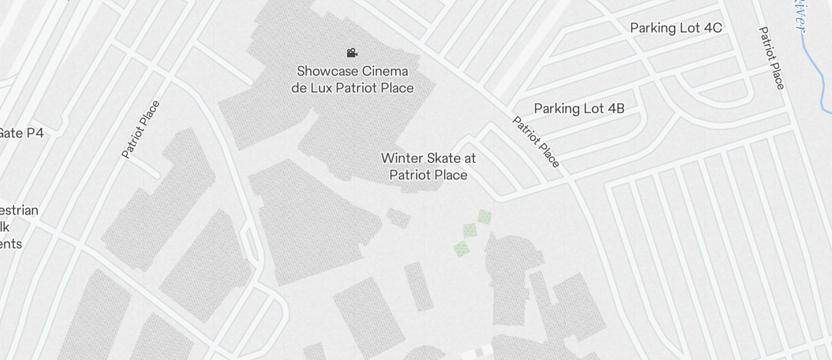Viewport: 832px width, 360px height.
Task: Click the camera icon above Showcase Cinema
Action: [x=352, y=53]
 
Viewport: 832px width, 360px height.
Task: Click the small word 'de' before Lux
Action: [x=298, y=88]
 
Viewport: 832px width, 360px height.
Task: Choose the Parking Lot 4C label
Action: [x=676, y=27]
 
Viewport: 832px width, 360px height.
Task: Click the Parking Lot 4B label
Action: [x=579, y=108]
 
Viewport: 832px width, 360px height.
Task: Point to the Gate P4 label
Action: [x=21, y=133]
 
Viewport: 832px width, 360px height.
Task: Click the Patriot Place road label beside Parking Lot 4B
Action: [x=536, y=142]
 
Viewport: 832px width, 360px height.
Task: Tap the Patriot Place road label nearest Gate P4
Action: [x=140, y=130]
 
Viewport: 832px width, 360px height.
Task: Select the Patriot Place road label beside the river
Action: [x=771, y=58]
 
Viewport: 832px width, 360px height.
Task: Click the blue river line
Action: [x=813, y=64]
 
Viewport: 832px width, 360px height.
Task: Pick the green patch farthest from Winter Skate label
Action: [x=462, y=250]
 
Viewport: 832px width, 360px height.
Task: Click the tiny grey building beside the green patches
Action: [x=398, y=219]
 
